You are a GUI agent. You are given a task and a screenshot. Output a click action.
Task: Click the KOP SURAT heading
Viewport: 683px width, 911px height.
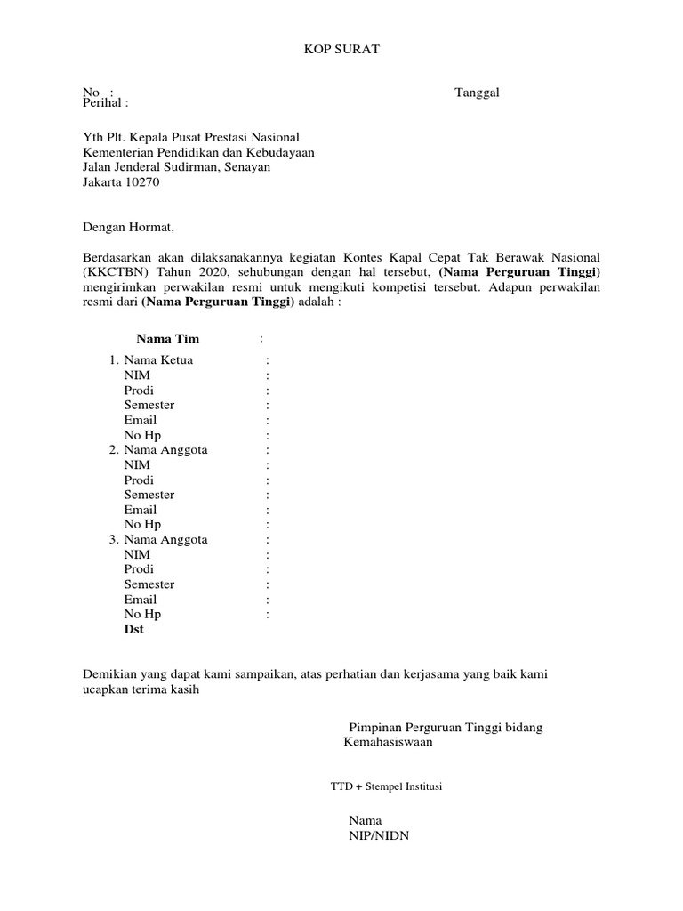(x=341, y=50)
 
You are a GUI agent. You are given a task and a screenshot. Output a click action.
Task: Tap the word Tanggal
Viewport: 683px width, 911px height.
(x=477, y=93)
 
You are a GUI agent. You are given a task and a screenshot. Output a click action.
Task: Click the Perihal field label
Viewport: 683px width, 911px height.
(x=105, y=103)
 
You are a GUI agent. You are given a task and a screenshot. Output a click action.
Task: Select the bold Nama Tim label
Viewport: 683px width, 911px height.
(x=167, y=339)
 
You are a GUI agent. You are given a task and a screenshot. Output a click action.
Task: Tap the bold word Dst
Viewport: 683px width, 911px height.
(x=133, y=629)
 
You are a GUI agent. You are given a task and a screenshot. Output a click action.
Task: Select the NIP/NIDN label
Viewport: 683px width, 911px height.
(x=379, y=835)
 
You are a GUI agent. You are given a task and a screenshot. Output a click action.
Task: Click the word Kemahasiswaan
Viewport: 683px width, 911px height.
(x=389, y=742)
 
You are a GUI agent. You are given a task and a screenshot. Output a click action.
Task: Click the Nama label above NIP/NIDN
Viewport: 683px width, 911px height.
(x=365, y=820)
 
